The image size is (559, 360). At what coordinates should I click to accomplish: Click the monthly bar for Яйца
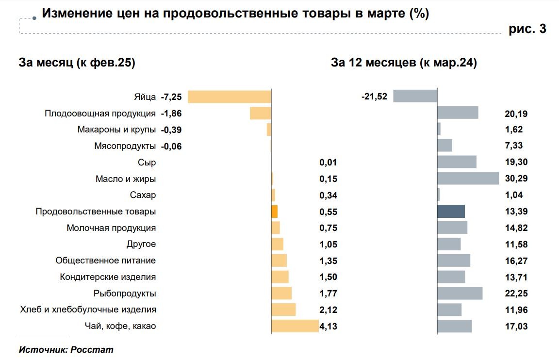tap(229, 97)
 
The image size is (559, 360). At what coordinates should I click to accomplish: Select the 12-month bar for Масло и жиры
tap(468, 178)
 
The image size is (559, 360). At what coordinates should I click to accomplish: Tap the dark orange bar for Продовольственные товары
tap(274, 212)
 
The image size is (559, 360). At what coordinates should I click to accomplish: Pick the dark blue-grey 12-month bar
tap(451, 211)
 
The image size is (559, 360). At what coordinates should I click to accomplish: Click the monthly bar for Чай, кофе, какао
tap(295, 326)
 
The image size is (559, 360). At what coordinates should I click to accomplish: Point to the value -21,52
tap(374, 97)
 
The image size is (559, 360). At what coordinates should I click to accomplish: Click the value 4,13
tap(328, 326)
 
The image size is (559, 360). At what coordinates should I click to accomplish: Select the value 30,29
tap(516, 179)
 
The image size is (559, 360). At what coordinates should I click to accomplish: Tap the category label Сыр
tap(147, 163)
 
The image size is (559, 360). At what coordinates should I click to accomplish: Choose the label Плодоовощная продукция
tap(100, 114)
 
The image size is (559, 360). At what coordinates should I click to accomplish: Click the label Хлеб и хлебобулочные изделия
tap(88, 309)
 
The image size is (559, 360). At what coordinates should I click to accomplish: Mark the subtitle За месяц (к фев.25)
tap(77, 63)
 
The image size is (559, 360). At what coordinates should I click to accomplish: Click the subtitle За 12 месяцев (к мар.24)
tap(404, 63)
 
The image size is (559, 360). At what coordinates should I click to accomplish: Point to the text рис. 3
tap(527, 29)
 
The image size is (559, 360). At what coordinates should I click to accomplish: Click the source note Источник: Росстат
tap(66, 349)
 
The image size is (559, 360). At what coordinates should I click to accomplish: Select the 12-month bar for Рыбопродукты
tap(460, 293)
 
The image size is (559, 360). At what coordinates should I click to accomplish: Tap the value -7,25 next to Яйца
tap(171, 97)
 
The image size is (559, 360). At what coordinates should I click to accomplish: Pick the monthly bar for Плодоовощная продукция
tap(260, 113)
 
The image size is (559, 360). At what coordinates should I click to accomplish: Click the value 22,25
tap(516, 293)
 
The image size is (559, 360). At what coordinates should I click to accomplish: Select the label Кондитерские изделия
tap(108, 277)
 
